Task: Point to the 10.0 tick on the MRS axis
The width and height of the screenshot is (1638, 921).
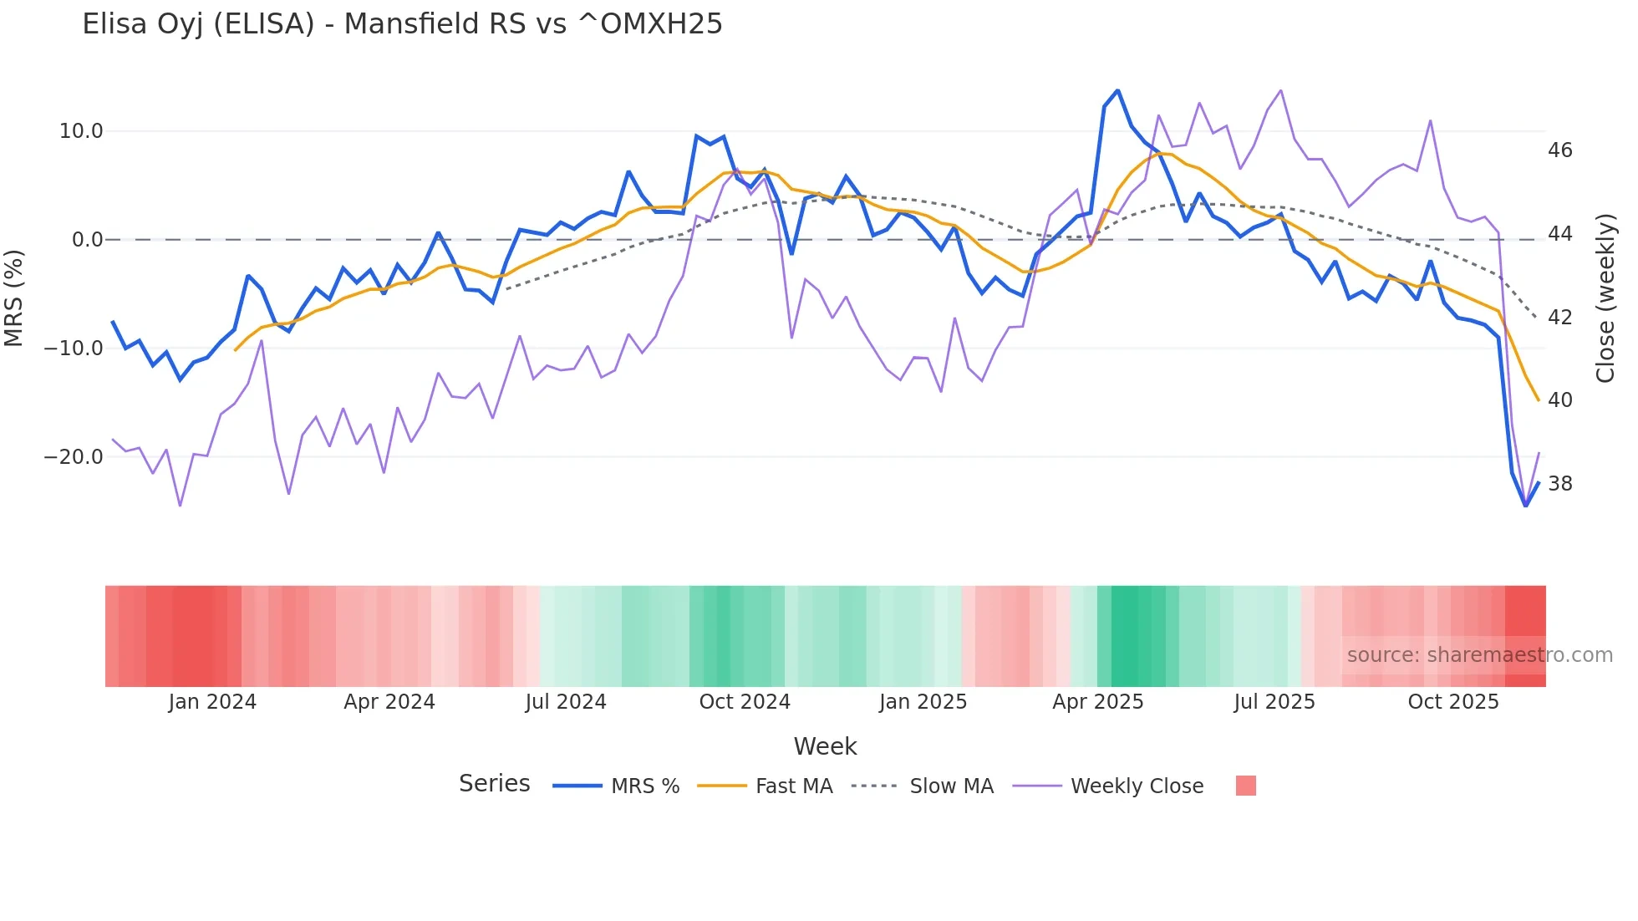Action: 81,131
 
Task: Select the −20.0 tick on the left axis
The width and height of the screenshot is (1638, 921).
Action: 74,457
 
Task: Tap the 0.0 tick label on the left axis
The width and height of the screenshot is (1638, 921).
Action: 87,240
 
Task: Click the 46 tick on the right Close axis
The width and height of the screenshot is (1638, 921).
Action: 1559,150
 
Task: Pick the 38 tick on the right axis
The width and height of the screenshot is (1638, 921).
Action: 1559,484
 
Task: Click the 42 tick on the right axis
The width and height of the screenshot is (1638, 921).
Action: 1559,318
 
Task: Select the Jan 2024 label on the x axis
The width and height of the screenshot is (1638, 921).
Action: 212,702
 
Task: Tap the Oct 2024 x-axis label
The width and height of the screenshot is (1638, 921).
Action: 745,702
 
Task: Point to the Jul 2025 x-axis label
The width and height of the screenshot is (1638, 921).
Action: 1274,702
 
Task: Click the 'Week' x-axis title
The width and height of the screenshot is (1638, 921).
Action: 825,746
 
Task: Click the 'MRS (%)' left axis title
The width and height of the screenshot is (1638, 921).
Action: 14,298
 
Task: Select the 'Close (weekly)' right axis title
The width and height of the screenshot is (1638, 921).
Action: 1605,298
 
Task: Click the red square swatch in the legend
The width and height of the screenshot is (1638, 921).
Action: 1245,786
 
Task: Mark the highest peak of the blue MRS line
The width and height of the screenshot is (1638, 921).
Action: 1117,90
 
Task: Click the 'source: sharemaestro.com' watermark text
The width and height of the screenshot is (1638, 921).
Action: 1479,655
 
